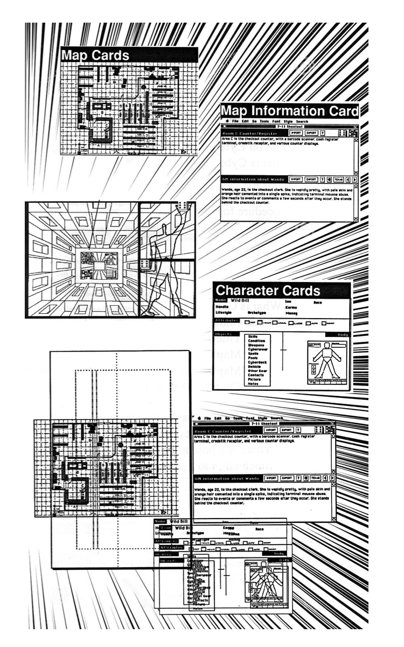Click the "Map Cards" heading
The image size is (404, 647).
pos(95,55)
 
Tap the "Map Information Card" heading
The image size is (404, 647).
pos(289,112)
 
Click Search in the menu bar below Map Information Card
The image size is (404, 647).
pos(302,121)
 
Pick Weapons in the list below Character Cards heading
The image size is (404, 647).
pos(256,345)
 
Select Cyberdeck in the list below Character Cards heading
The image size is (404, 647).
pos(257,362)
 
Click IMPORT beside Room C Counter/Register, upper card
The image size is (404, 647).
pos(295,132)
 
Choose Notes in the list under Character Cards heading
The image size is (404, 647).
pos(253,384)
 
